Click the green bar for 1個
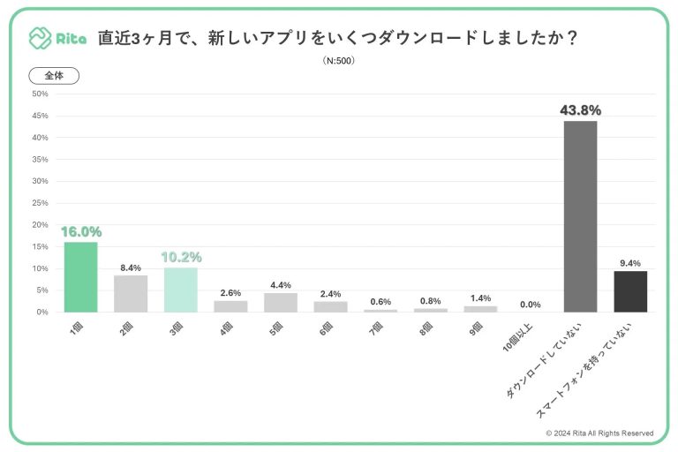click(80, 277)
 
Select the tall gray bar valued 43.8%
click(580, 216)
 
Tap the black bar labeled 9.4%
click(630, 291)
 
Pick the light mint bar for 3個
click(180, 290)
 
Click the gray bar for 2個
click(131, 294)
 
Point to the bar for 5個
click(280, 302)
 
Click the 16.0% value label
click(81, 232)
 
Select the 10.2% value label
click(181, 258)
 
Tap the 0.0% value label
click(530, 304)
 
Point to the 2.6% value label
click(230, 292)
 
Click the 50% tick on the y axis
click(39, 94)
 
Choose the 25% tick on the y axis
click(39, 203)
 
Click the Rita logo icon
click(40, 38)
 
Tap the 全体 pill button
click(54, 76)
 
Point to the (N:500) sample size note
click(339, 61)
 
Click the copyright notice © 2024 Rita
click(599, 433)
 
